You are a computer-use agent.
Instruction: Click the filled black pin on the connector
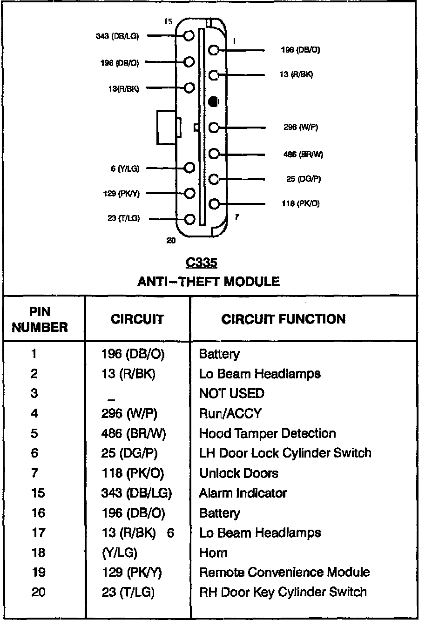click(213, 101)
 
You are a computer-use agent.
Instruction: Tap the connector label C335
click(201, 263)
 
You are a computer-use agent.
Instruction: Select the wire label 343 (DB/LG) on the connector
click(117, 36)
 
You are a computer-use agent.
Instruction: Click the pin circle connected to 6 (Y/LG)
click(189, 168)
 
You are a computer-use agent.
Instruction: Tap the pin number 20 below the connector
click(171, 241)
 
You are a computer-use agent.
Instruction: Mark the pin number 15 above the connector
click(168, 21)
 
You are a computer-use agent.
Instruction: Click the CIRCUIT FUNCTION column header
click(283, 319)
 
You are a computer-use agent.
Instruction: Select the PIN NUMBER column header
click(40, 319)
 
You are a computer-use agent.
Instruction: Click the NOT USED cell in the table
click(231, 393)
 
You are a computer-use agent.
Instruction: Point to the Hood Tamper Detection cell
click(267, 433)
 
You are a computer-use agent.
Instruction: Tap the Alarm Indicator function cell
click(243, 493)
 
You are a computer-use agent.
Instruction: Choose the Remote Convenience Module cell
click(284, 572)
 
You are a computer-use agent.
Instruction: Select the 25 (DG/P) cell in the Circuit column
click(129, 453)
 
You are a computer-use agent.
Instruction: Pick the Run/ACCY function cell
click(230, 413)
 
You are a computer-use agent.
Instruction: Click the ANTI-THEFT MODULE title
click(208, 282)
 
